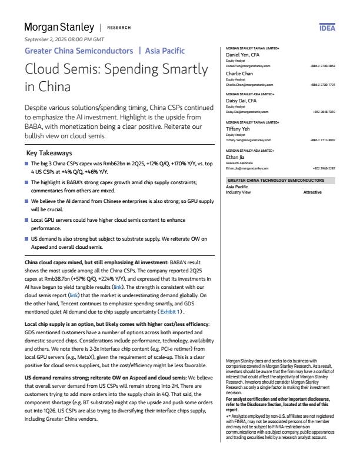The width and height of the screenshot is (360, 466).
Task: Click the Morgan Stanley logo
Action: coord(58,27)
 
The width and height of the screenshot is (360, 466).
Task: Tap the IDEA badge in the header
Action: coord(327,28)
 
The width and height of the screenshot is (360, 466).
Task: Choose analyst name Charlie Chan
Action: coord(239,74)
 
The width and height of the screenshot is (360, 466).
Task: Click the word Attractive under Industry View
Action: coord(313,192)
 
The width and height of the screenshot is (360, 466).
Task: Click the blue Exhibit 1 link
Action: coord(171,311)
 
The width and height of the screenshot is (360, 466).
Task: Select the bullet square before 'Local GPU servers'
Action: coord(26,219)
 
